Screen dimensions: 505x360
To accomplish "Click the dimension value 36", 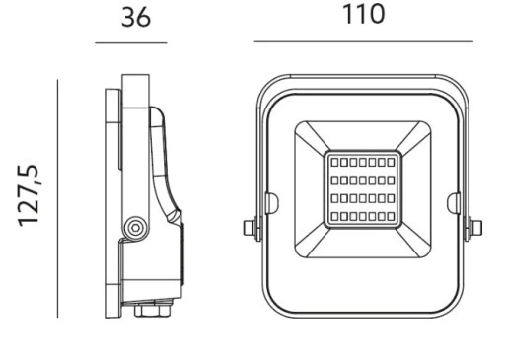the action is [136, 18].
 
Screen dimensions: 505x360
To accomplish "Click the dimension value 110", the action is [363, 14].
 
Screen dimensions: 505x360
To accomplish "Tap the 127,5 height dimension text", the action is [29, 196].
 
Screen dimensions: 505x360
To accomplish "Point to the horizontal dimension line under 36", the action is [131, 42].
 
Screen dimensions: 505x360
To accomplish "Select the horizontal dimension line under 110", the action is [364, 41].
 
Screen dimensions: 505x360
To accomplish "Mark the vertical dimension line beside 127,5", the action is [57, 198].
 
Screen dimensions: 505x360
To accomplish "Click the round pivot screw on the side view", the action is [135, 227].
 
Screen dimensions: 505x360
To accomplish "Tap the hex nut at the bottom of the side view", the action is [153, 310].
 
